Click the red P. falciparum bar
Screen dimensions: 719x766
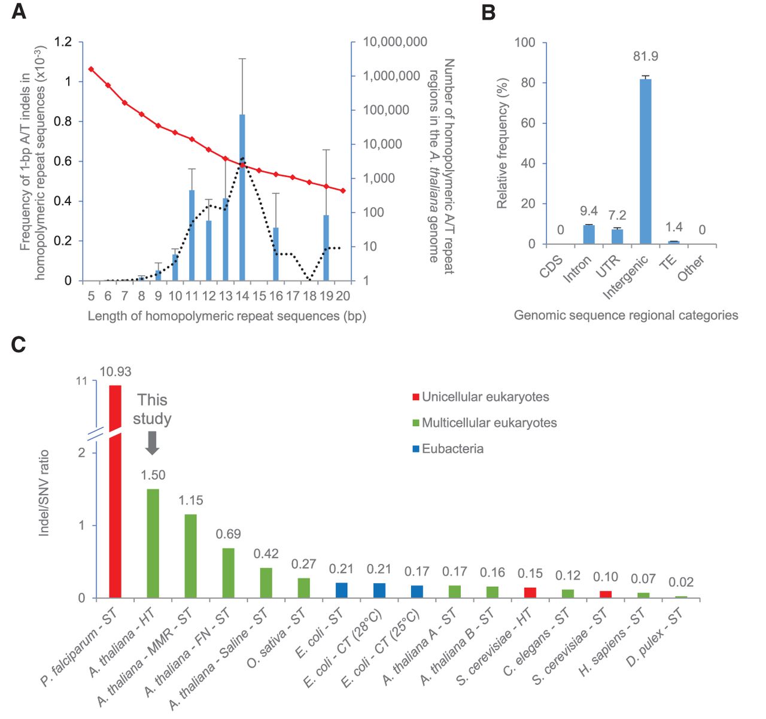pos(115,491)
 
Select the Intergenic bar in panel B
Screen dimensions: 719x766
pos(645,162)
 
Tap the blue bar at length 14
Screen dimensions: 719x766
pos(242,198)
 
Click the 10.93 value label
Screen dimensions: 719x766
pos(115,372)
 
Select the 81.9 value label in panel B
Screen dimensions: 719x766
pos(645,56)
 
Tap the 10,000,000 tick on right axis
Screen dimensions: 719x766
pos(395,42)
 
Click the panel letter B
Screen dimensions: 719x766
pos(488,13)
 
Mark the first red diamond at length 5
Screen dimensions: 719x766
pos(91,69)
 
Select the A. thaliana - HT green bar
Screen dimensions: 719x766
pos(153,543)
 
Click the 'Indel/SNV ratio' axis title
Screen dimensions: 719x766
pos(44,493)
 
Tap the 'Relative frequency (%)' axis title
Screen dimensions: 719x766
pos(502,143)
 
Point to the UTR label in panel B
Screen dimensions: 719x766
pos(610,266)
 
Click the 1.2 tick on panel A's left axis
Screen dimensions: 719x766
pos(63,42)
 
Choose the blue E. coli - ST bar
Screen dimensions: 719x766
pos(341,590)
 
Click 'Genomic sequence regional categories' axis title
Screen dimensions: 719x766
pos(626,315)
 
